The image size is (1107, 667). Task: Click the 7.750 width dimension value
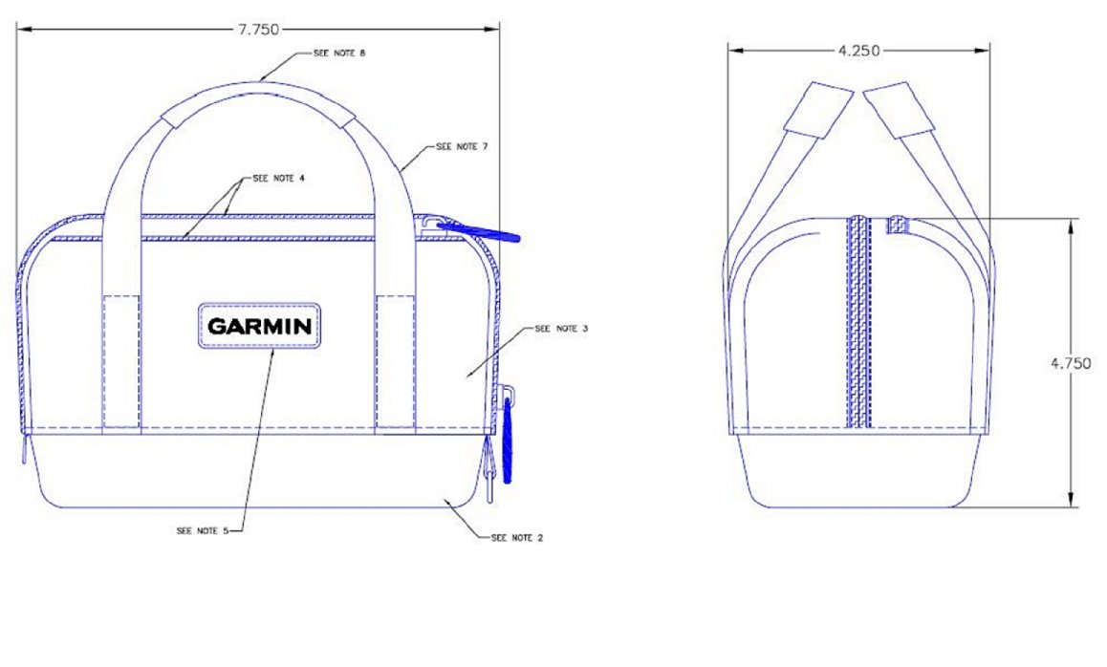[258, 30]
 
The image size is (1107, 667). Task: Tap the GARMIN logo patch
[259, 326]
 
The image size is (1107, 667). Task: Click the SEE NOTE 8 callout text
[339, 54]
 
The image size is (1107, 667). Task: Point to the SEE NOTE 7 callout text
[462, 147]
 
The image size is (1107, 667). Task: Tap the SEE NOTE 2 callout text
[517, 538]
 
